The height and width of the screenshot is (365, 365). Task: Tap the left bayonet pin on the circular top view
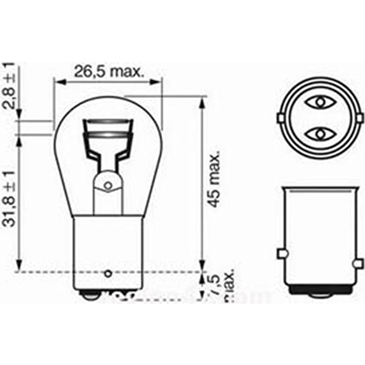click(x=281, y=118)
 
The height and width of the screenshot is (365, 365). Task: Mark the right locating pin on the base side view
click(x=358, y=263)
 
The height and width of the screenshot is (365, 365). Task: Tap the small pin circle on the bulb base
click(x=108, y=273)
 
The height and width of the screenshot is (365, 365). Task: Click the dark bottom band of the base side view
click(x=320, y=290)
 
